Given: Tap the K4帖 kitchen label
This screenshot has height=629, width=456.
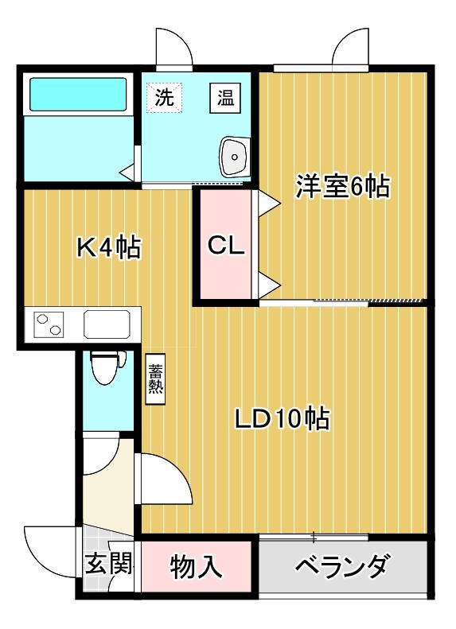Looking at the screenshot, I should [108, 248].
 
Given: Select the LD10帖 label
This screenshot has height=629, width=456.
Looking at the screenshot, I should [283, 418].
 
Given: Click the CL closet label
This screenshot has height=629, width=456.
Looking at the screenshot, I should [226, 246].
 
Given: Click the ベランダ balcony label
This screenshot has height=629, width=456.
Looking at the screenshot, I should [343, 567].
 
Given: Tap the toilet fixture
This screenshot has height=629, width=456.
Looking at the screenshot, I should [104, 366].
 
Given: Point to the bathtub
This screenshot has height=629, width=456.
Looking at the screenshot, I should [78, 95].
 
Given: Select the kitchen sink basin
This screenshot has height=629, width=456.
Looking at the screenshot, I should [107, 325].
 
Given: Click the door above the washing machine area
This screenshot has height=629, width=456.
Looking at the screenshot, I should [174, 51].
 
